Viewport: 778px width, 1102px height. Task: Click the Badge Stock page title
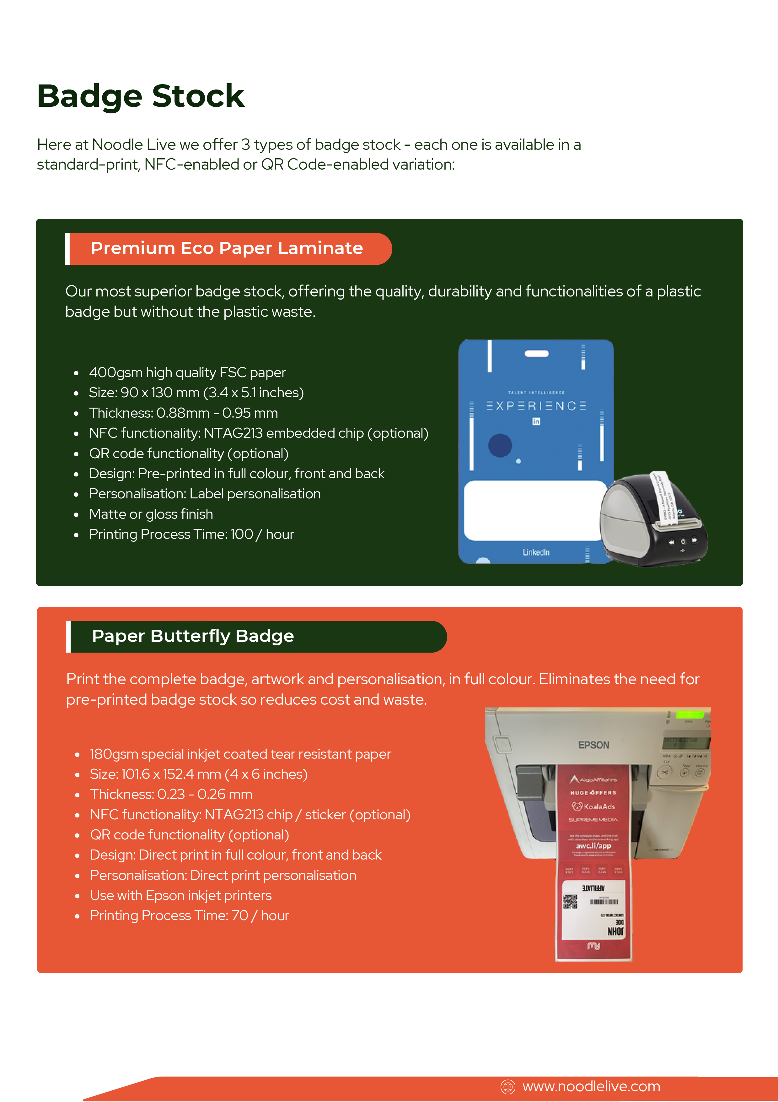point(141,96)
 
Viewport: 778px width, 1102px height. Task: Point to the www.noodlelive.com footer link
point(591,1086)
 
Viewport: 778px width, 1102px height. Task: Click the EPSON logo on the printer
point(593,745)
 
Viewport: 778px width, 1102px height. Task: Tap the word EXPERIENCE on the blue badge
point(536,406)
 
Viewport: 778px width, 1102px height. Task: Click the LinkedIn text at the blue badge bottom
point(536,552)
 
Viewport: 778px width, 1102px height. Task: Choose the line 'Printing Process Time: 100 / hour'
point(191,534)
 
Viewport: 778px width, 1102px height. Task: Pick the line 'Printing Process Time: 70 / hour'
point(190,915)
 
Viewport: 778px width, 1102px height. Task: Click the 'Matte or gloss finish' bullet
point(151,514)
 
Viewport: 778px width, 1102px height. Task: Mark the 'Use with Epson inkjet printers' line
point(180,895)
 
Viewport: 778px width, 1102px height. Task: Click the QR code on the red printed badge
point(570,901)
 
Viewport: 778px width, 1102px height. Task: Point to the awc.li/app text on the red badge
point(593,846)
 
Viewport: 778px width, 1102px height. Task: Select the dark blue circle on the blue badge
point(500,445)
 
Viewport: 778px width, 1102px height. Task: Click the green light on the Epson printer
point(690,715)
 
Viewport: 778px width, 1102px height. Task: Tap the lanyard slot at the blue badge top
point(536,354)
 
